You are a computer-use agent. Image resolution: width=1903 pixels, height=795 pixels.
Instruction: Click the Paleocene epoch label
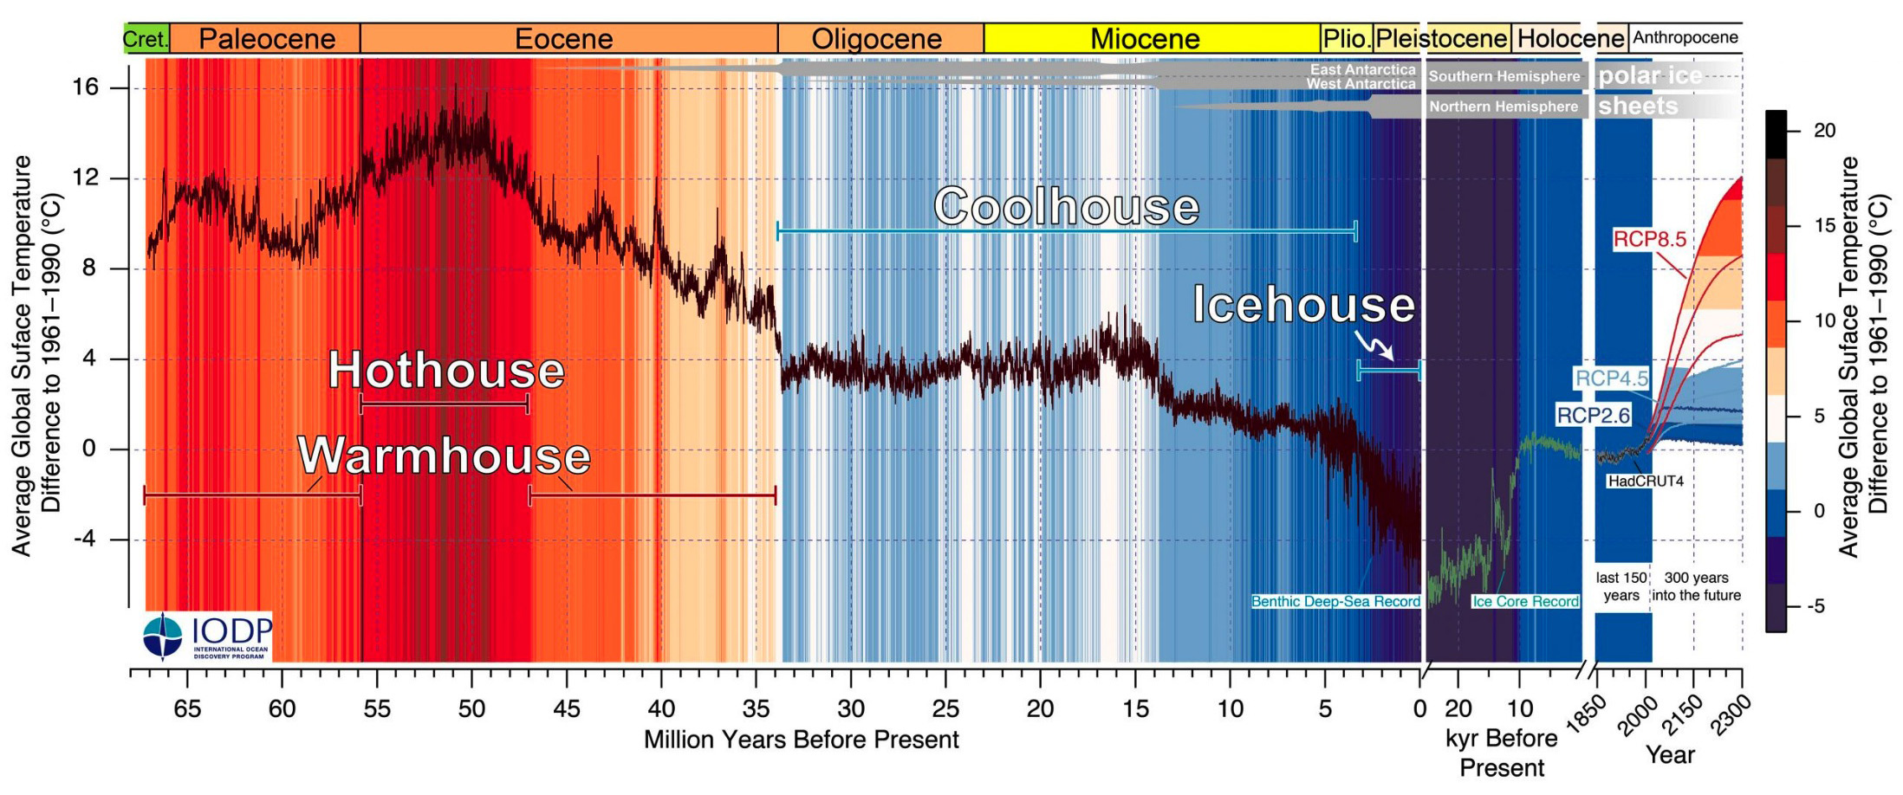click(266, 39)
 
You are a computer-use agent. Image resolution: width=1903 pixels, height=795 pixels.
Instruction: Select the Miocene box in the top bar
click(1145, 39)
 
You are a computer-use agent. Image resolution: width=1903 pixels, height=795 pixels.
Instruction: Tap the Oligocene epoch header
click(876, 39)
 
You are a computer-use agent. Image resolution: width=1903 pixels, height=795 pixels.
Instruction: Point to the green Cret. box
click(146, 39)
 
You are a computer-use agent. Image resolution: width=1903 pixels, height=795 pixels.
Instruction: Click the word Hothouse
click(445, 370)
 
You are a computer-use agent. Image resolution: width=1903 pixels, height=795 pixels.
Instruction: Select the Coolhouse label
click(1066, 207)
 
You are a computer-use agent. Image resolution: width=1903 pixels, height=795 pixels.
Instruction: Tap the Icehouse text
click(1303, 305)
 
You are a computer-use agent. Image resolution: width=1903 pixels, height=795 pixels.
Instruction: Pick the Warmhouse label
click(444, 456)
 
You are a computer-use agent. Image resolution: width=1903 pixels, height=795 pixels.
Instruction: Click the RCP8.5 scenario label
click(1649, 239)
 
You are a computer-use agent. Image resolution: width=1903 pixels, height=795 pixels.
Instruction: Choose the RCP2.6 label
click(1593, 416)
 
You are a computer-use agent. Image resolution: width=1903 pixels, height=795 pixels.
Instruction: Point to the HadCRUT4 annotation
click(1645, 482)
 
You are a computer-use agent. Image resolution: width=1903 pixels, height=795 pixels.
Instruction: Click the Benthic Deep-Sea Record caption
click(1335, 601)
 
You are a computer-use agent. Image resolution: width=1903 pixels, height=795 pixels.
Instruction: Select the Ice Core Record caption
click(1525, 601)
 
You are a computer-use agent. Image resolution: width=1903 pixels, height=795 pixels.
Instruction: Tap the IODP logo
click(206, 637)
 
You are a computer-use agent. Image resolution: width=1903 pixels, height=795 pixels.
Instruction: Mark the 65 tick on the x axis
click(187, 709)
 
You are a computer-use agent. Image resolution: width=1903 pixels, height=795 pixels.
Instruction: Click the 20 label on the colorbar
click(1824, 131)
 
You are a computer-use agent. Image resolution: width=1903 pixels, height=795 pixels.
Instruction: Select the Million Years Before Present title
click(801, 740)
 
